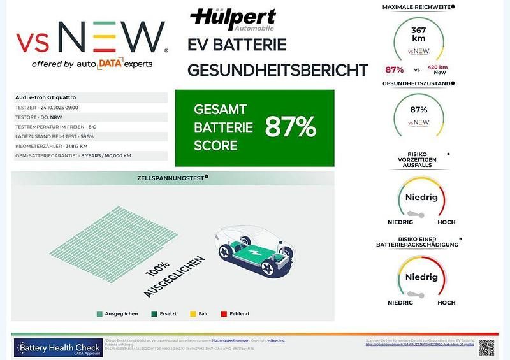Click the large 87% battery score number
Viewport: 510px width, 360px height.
[x=291, y=127]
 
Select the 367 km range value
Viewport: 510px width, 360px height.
[x=419, y=34]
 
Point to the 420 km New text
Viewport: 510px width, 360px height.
[x=438, y=69]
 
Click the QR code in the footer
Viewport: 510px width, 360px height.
[x=486, y=347]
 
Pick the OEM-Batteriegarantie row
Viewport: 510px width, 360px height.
[x=73, y=155]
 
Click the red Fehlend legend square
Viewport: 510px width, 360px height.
[x=224, y=313]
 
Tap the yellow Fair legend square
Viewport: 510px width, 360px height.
[x=193, y=313]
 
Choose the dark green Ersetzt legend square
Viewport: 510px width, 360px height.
[x=154, y=313]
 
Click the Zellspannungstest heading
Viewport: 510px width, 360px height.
[x=171, y=178]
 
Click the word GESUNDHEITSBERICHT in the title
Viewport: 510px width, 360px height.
[x=278, y=69]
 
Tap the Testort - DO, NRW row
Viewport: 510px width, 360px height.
[x=38, y=117]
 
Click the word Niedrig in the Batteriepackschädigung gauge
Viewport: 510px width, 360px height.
[x=421, y=277]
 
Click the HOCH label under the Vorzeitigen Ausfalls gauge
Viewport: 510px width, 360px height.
[x=446, y=222]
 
